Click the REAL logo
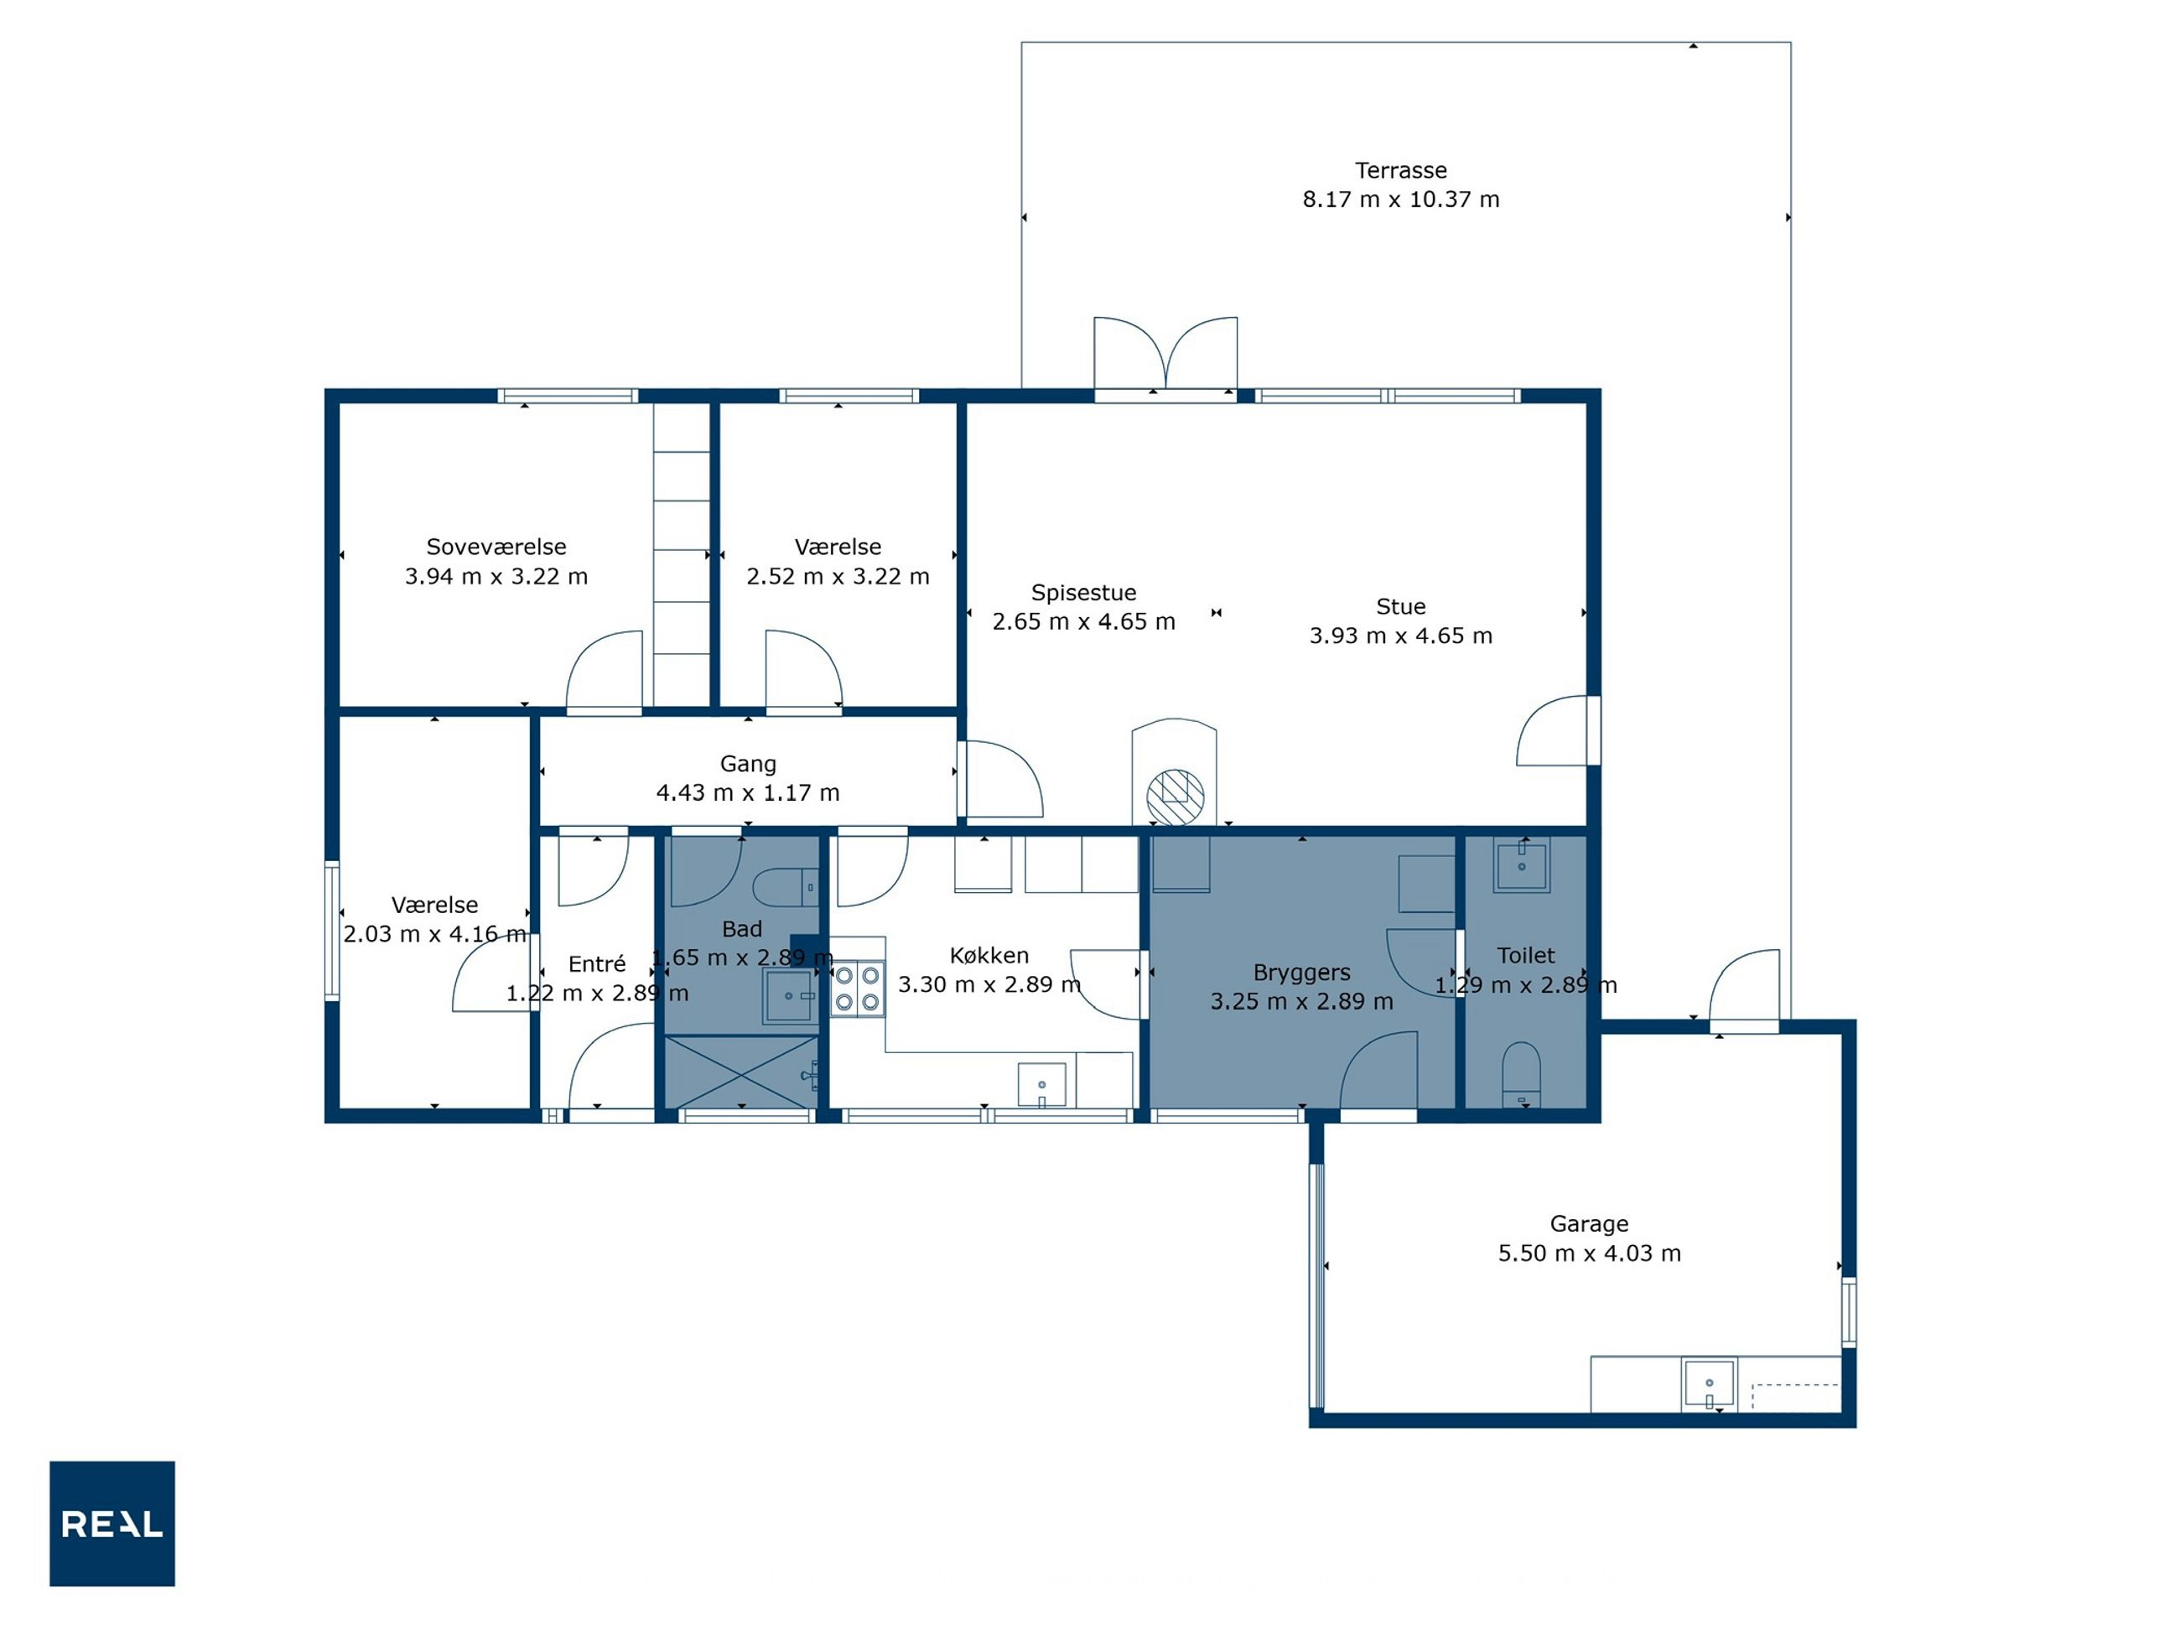click(x=112, y=1523)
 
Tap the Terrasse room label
click(x=1400, y=170)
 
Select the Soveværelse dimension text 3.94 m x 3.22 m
click(x=496, y=577)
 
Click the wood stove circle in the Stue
click(x=1175, y=797)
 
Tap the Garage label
click(x=1589, y=1224)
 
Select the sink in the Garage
click(x=1709, y=1383)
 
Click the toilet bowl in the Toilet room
click(x=1521, y=1074)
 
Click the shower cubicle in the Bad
click(x=741, y=1072)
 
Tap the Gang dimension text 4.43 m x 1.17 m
click(x=748, y=792)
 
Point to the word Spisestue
click(x=1083, y=592)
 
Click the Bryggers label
click(x=1302, y=973)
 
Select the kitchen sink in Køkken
click(x=1041, y=1084)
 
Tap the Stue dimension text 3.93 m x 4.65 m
click(x=1400, y=636)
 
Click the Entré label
click(x=596, y=964)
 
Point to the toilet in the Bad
click(x=786, y=887)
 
